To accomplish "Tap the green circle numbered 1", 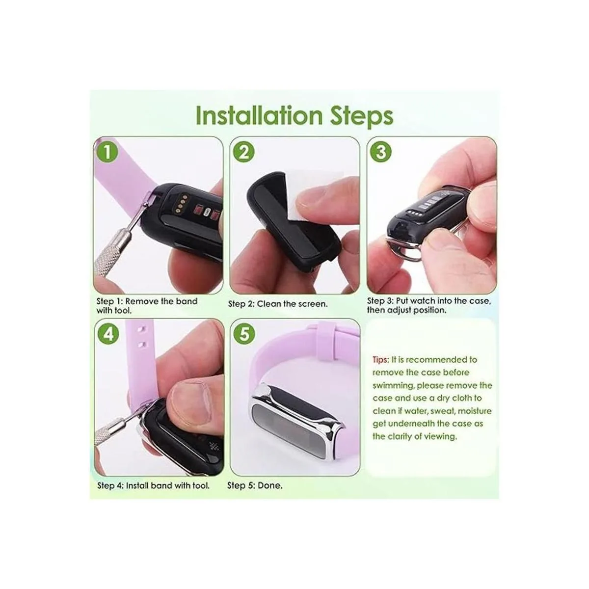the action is pyautogui.click(x=107, y=151).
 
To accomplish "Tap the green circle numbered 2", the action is pyautogui.click(x=243, y=152).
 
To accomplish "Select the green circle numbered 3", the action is pyautogui.click(x=381, y=152).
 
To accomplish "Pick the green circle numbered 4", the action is pyautogui.click(x=108, y=334).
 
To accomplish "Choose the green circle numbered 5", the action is pyautogui.click(x=244, y=334).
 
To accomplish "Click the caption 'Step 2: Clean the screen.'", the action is pyautogui.click(x=278, y=304).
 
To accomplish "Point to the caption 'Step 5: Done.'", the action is pyautogui.click(x=255, y=485).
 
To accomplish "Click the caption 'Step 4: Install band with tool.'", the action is pyautogui.click(x=154, y=485).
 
